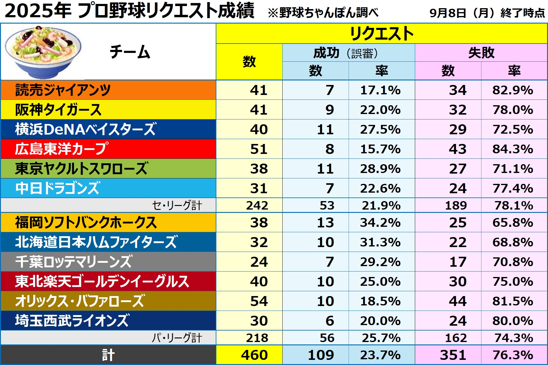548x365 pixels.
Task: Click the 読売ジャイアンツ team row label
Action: [x=63, y=90]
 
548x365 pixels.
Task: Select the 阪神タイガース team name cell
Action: [x=58, y=110]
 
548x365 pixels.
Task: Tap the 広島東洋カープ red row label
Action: [x=61, y=149]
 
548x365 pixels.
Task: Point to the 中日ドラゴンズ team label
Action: [x=57, y=188]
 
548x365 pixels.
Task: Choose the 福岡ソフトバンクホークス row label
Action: [x=86, y=223]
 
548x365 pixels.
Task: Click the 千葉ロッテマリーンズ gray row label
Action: [x=74, y=262]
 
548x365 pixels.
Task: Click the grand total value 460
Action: [x=254, y=355]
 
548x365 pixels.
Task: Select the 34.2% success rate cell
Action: [x=380, y=223]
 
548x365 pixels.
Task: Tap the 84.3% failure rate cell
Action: [x=513, y=149]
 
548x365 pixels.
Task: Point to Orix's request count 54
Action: [x=259, y=301]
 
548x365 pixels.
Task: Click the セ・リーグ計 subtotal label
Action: [x=177, y=206]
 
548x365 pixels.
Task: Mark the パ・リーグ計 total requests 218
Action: [x=257, y=338]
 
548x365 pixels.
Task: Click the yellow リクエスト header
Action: [x=382, y=33]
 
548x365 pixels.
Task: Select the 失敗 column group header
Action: [x=481, y=53]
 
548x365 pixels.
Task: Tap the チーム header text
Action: [x=130, y=52]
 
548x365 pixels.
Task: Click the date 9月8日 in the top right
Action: [x=448, y=13]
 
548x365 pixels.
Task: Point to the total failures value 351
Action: [x=453, y=355]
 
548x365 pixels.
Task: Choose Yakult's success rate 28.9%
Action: [x=380, y=169]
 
